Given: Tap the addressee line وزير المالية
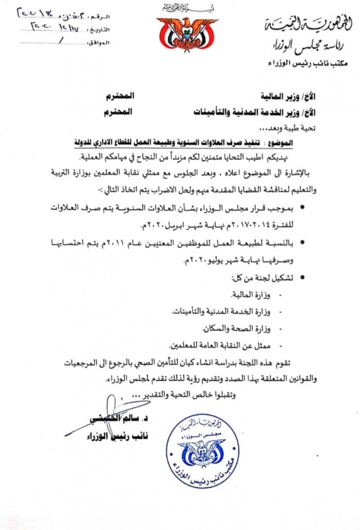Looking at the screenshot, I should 288,97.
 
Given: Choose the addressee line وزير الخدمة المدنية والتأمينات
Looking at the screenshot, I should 255,112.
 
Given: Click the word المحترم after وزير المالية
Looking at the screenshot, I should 120,96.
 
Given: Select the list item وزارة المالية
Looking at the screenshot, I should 251,295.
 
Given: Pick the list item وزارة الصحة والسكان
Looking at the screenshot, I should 236,329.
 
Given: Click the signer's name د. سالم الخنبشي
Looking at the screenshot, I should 119,419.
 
